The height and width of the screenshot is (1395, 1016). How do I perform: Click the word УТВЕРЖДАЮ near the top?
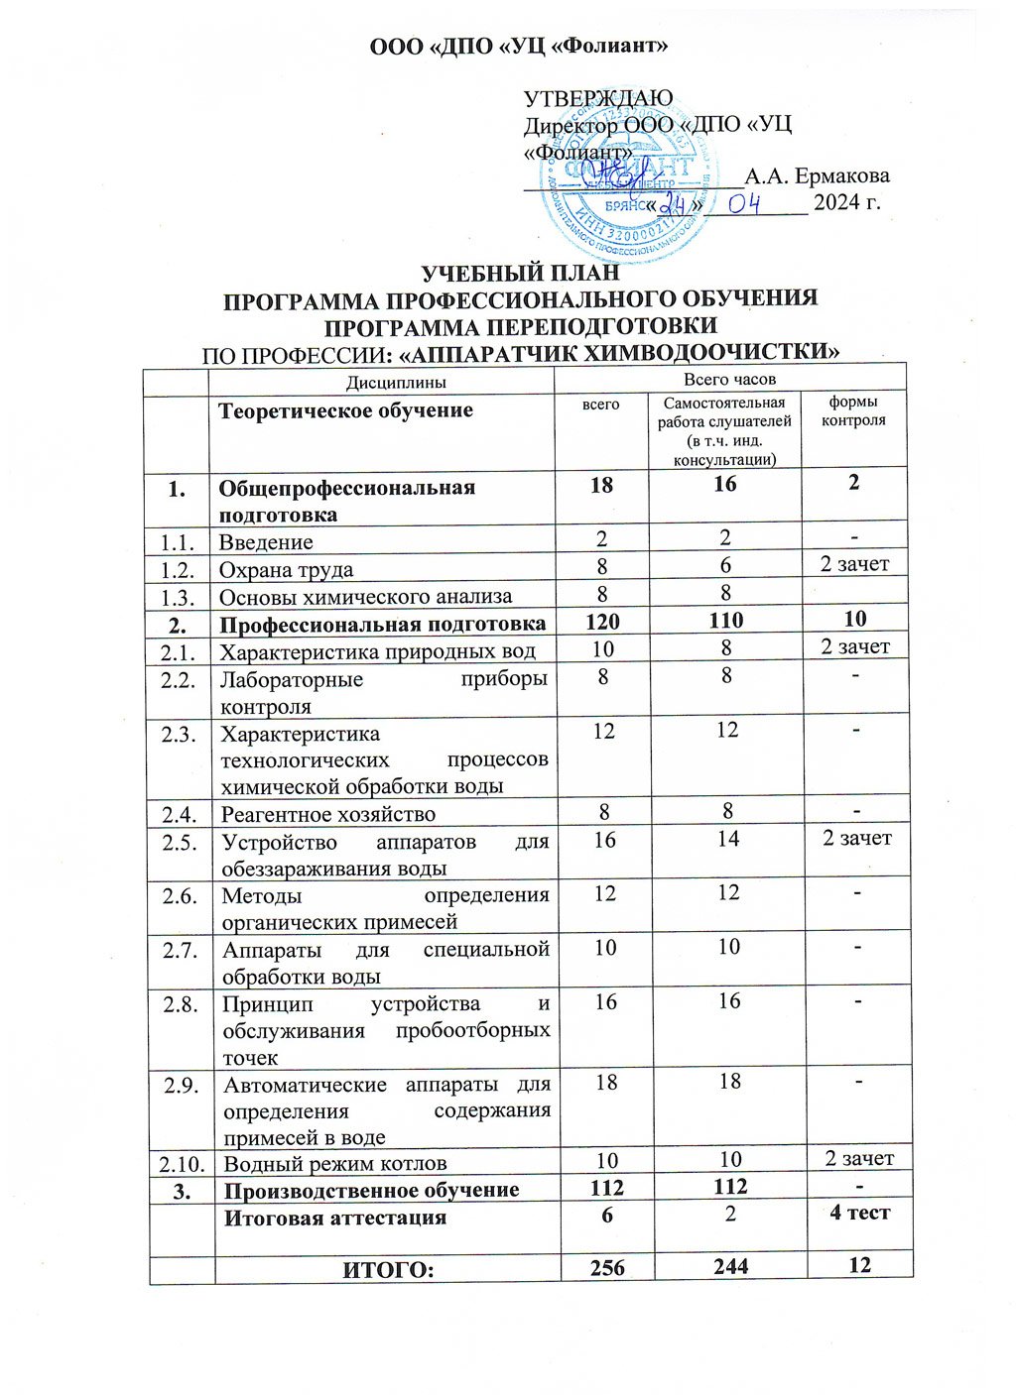[598, 99]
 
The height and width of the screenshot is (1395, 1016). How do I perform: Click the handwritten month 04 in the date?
[745, 203]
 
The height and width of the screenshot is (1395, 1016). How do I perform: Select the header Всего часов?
[729, 380]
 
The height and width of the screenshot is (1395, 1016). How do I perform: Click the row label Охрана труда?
[286, 570]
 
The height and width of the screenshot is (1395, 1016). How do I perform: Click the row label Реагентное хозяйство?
[328, 814]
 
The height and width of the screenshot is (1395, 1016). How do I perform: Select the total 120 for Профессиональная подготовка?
[602, 621]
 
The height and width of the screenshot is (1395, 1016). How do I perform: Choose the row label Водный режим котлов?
[335, 1163]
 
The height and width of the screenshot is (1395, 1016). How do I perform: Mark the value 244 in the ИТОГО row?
[730, 1266]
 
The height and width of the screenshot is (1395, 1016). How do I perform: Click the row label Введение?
[266, 542]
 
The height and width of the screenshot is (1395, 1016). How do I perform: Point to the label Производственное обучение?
[371, 1190]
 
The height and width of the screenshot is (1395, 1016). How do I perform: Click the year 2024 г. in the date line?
[846, 203]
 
